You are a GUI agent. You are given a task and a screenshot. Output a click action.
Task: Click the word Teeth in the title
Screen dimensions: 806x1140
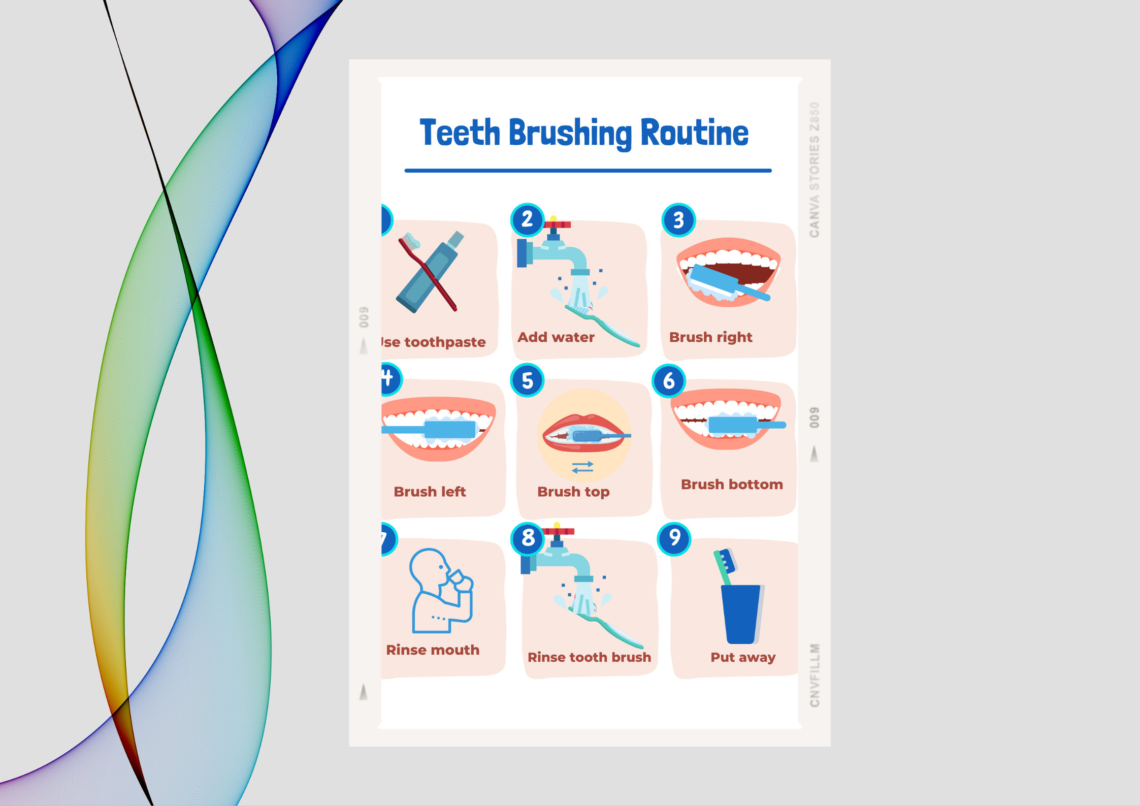pyautogui.click(x=460, y=133)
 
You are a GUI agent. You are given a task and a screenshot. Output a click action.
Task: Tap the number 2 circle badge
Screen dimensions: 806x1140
pyautogui.click(x=527, y=219)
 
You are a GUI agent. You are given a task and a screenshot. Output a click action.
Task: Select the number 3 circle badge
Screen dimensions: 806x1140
pyautogui.click(x=678, y=220)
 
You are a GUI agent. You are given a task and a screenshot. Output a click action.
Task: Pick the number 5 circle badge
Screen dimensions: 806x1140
pyautogui.click(x=528, y=380)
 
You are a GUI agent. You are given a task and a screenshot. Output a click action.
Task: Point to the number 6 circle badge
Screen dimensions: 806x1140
pyautogui.click(x=669, y=380)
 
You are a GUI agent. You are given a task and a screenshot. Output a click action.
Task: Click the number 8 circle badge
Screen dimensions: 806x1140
pyautogui.click(x=528, y=537)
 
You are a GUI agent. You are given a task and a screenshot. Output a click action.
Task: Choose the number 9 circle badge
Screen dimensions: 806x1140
pyautogui.click(x=674, y=538)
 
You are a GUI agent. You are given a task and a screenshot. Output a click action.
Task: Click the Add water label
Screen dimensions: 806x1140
pyautogui.click(x=556, y=337)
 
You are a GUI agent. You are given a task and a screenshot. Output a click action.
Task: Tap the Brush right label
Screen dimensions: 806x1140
pyautogui.click(x=710, y=337)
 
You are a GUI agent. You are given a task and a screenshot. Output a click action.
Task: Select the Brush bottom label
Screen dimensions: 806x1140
pyautogui.click(x=732, y=485)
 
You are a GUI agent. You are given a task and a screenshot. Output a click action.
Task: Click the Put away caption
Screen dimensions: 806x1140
pyautogui.click(x=743, y=657)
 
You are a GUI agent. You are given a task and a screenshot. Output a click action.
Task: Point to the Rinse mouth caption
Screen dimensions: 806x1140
pyautogui.click(x=433, y=650)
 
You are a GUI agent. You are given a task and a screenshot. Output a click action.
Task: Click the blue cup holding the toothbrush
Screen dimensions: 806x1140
pyautogui.click(x=741, y=615)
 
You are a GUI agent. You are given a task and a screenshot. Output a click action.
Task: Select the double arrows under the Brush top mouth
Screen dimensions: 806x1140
pyautogui.click(x=582, y=467)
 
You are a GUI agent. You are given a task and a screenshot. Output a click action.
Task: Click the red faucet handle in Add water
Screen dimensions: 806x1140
pyautogui.click(x=557, y=224)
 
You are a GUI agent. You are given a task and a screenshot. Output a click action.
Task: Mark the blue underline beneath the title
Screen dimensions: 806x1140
pyautogui.click(x=588, y=171)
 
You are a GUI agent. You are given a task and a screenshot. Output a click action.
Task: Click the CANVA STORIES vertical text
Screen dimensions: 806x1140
pyautogui.click(x=815, y=170)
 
